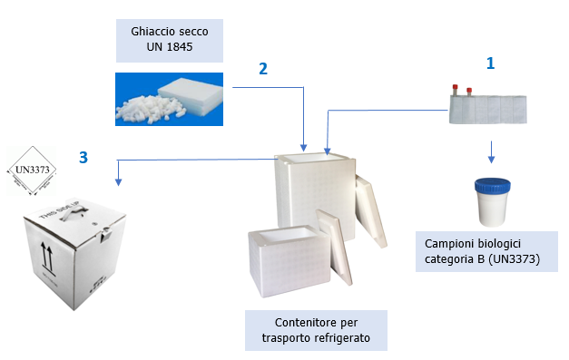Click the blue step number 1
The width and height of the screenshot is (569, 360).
[x=490, y=63]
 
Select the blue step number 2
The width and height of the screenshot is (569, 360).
[x=263, y=70]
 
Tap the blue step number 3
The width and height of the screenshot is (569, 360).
[x=83, y=158]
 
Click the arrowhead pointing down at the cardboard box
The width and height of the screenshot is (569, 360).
[x=118, y=181]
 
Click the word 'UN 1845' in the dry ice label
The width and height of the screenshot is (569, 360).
[x=171, y=47]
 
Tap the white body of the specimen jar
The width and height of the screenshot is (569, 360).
[x=492, y=209]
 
